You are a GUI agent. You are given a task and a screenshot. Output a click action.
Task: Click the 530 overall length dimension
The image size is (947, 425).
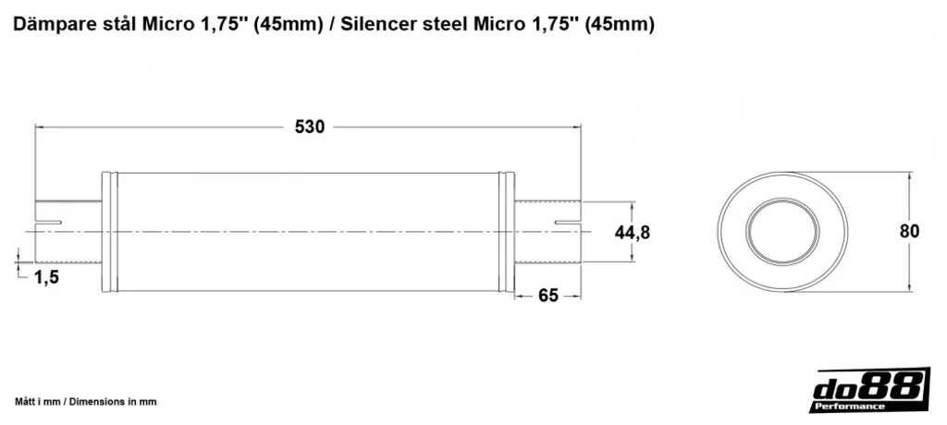tap(309, 127)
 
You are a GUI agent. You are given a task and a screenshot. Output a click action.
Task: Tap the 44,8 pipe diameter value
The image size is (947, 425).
tap(633, 232)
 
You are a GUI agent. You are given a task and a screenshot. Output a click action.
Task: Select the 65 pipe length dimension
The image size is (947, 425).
tap(547, 296)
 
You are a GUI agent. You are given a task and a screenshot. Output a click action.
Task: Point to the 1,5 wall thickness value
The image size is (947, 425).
tap(46, 277)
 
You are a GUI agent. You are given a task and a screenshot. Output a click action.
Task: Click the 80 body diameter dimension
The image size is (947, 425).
tap(910, 231)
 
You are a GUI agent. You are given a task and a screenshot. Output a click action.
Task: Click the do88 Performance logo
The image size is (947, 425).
tap(869, 391)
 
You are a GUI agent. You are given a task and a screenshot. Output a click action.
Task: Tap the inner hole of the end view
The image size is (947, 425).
tap(782, 232)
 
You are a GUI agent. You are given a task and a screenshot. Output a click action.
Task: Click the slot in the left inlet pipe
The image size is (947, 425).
tap(48, 224)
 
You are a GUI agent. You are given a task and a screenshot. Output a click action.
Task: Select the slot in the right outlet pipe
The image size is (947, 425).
tap(568, 224)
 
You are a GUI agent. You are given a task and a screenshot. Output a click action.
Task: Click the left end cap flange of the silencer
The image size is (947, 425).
tap(109, 232)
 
